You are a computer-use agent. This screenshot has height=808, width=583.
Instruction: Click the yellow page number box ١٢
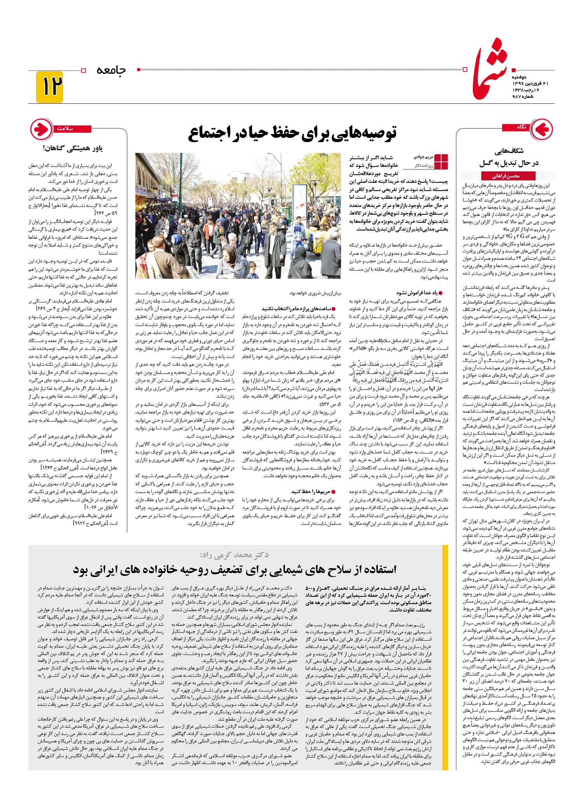coord(49,87)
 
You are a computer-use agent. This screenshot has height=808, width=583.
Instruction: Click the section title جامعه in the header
coord(111,70)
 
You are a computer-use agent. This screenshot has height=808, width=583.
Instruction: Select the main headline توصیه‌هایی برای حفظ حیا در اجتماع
coord(292,133)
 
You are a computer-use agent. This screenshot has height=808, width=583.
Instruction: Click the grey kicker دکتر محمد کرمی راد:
coord(234,554)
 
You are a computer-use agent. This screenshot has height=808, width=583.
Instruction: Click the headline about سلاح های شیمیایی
coord(235,570)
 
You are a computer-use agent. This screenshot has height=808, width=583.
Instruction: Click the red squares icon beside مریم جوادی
coord(441,162)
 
